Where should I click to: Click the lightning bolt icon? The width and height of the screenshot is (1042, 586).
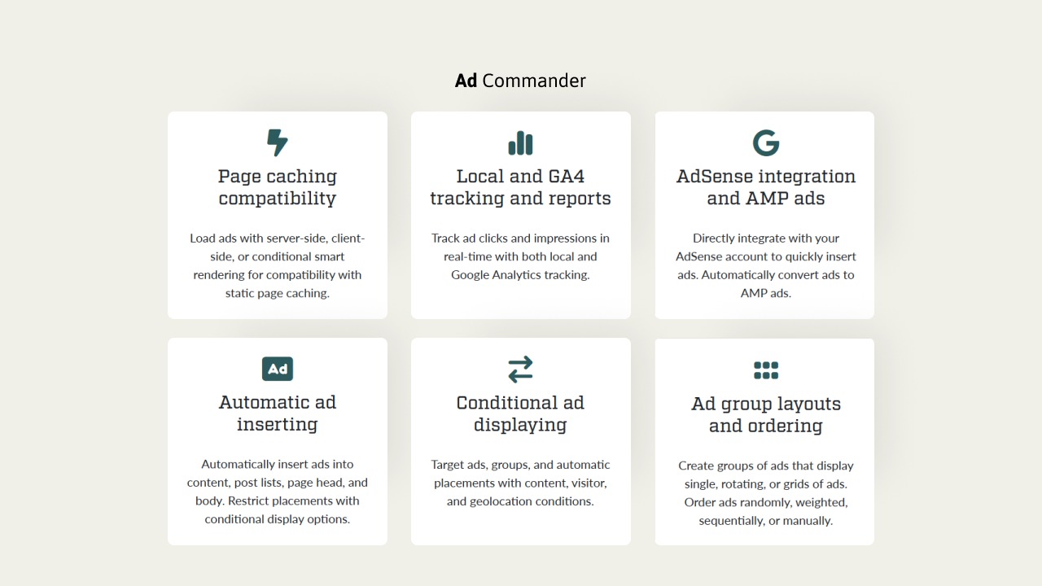[x=278, y=142]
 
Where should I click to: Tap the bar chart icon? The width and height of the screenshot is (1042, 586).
[x=520, y=142]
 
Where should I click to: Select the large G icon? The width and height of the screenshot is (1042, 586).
[x=766, y=142]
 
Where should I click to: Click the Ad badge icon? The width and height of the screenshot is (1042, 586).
[x=278, y=369]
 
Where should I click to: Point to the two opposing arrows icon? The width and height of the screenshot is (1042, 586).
[x=520, y=370]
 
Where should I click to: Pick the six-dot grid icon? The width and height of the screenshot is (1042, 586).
[x=766, y=370]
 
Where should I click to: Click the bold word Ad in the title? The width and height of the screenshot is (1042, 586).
[x=466, y=81]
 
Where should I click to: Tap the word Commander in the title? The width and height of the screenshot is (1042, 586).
[x=534, y=81]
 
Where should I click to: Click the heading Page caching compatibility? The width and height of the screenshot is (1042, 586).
[x=278, y=187]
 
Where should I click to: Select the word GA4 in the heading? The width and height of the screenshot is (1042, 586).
[x=566, y=177]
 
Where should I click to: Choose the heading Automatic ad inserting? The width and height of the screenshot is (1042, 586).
[x=278, y=413]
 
